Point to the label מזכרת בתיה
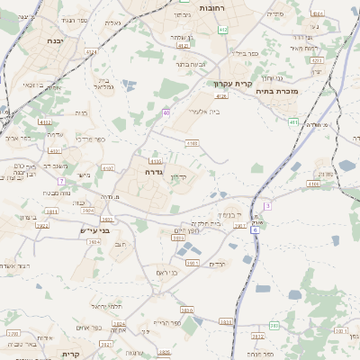276,91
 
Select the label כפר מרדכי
90,139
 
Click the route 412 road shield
223,30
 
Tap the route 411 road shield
293,121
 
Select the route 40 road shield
166,112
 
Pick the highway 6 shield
255,229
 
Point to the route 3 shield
267,206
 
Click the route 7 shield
60,182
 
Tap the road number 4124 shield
92,53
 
